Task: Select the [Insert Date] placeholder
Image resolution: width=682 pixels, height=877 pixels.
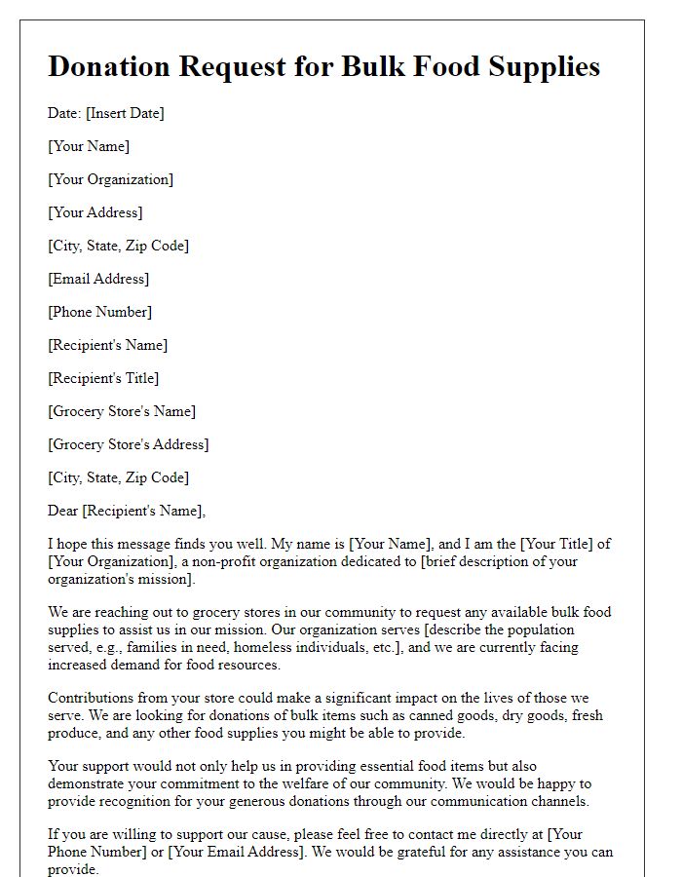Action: [125, 113]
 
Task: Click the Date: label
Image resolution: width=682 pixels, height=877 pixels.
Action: [64, 113]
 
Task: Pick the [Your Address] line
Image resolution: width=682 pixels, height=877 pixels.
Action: [95, 212]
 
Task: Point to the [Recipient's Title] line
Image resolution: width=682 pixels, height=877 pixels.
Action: [103, 378]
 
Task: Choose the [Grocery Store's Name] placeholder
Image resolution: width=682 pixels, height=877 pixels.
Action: [121, 411]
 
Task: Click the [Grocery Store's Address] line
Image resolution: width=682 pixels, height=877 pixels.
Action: [128, 444]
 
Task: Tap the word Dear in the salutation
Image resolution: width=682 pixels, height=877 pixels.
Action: [63, 511]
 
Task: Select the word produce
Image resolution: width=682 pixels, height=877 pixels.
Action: [75, 733]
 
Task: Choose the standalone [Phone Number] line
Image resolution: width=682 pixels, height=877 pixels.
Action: [99, 312]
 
